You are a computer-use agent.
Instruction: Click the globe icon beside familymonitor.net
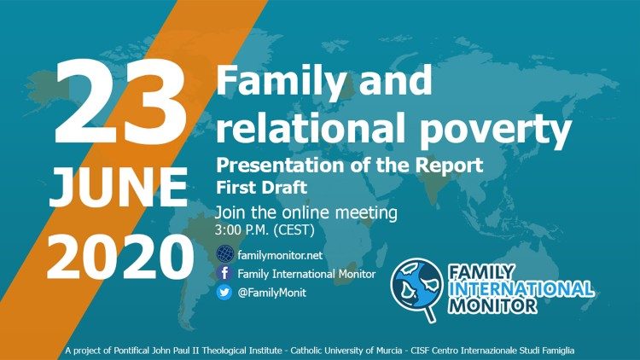(225, 253)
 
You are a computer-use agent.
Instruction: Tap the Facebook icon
(225, 274)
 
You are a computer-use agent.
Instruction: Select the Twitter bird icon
(225, 293)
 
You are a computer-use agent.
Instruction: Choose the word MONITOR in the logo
(500, 305)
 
